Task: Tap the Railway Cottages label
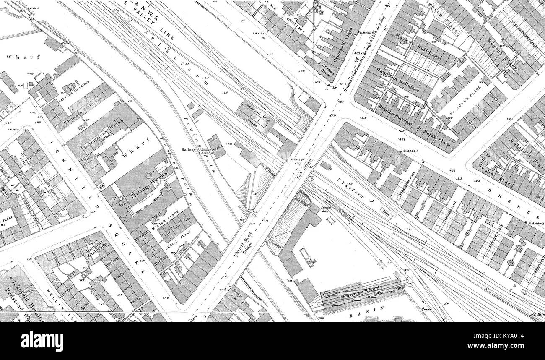point(196,149)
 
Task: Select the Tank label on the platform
point(386,212)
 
